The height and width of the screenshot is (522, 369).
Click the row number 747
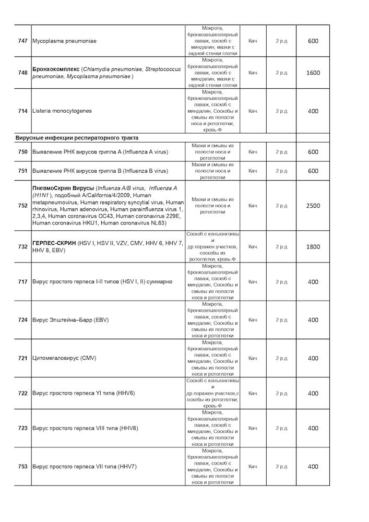pos(22,41)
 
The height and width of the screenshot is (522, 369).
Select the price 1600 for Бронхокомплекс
pos(313,73)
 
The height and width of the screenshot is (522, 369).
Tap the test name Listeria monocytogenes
pos(62,111)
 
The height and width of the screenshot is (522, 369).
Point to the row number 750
pos(22,152)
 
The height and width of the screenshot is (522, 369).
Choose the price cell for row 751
pos(313,171)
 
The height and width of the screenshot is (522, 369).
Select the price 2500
pos(313,206)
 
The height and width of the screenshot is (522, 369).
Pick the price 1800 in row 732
pos(313,247)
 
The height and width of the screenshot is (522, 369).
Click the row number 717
pos(22,282)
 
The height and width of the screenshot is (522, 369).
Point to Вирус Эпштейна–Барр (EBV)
pos(70,320)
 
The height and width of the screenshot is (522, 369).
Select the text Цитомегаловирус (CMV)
pos(65,358)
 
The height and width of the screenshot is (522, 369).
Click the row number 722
pos(22,394)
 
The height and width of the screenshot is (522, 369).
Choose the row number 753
pos(22,467)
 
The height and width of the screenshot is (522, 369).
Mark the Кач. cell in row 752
pos(253,206)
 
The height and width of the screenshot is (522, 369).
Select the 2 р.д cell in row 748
pos(281,73)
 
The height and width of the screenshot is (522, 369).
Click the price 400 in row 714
pos(313,111)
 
